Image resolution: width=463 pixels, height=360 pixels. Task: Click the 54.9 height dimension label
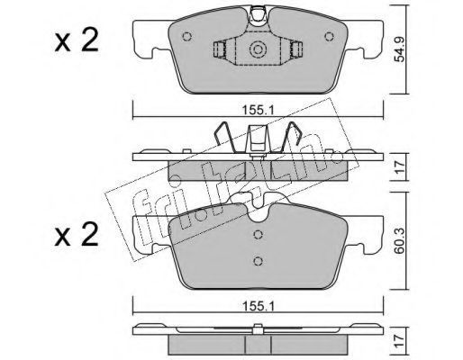400,49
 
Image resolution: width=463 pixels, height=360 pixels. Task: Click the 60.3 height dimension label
400,240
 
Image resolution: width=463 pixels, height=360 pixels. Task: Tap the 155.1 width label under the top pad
258,111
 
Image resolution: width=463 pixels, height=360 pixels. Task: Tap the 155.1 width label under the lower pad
258,307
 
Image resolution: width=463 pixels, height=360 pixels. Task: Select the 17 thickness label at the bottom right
400,342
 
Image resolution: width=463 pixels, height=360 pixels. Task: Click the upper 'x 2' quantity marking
77,41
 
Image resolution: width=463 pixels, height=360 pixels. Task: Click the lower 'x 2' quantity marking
77,235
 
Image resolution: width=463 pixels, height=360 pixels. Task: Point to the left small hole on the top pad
186,37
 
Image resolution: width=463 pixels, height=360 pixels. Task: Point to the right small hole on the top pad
330,37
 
